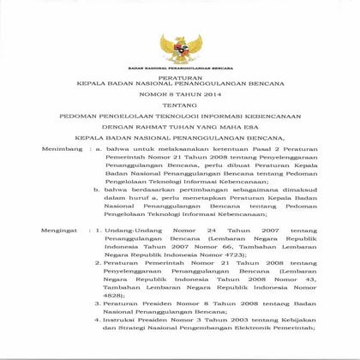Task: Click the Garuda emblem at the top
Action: pyautogui.click(x=180, y=46)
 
